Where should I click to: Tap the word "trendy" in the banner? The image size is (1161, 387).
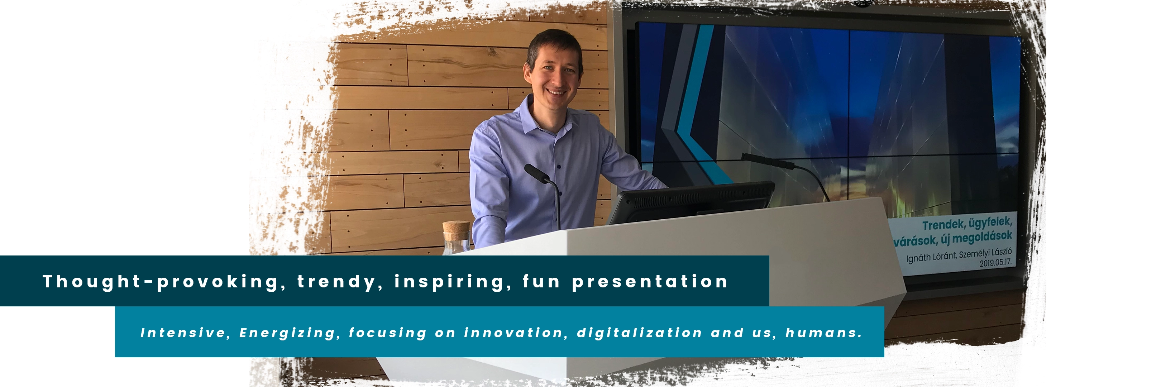(x=338, y=282)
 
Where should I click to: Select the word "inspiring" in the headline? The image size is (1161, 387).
(x=449, y=282)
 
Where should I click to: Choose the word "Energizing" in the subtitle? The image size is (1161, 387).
(x=287, y=333)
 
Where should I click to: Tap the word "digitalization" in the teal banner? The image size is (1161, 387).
(x=639, y=333)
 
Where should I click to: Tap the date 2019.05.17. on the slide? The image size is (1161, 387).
(x=995, y=262)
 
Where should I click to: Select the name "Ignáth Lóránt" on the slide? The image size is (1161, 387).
(x=931, y=257)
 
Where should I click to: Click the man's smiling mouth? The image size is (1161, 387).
(x=556, y=92)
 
